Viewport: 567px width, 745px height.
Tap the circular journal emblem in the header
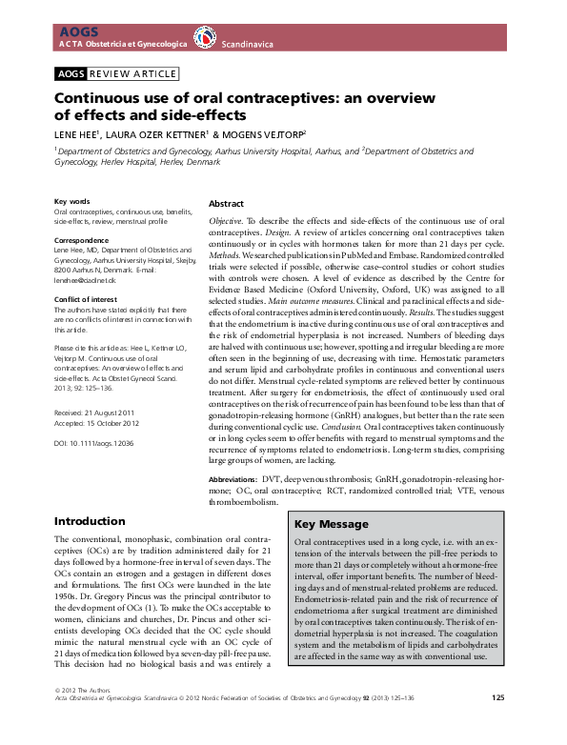click(205, 37)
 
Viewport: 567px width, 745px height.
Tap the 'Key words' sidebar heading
click(72, 202)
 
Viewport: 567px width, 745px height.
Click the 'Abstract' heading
click(226, 204)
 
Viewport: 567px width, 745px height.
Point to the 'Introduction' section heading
click(90, 521)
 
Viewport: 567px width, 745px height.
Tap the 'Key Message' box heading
click(331, 525)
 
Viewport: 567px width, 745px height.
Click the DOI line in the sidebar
click(94, 444)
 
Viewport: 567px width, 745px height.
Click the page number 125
click(498, 725)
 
